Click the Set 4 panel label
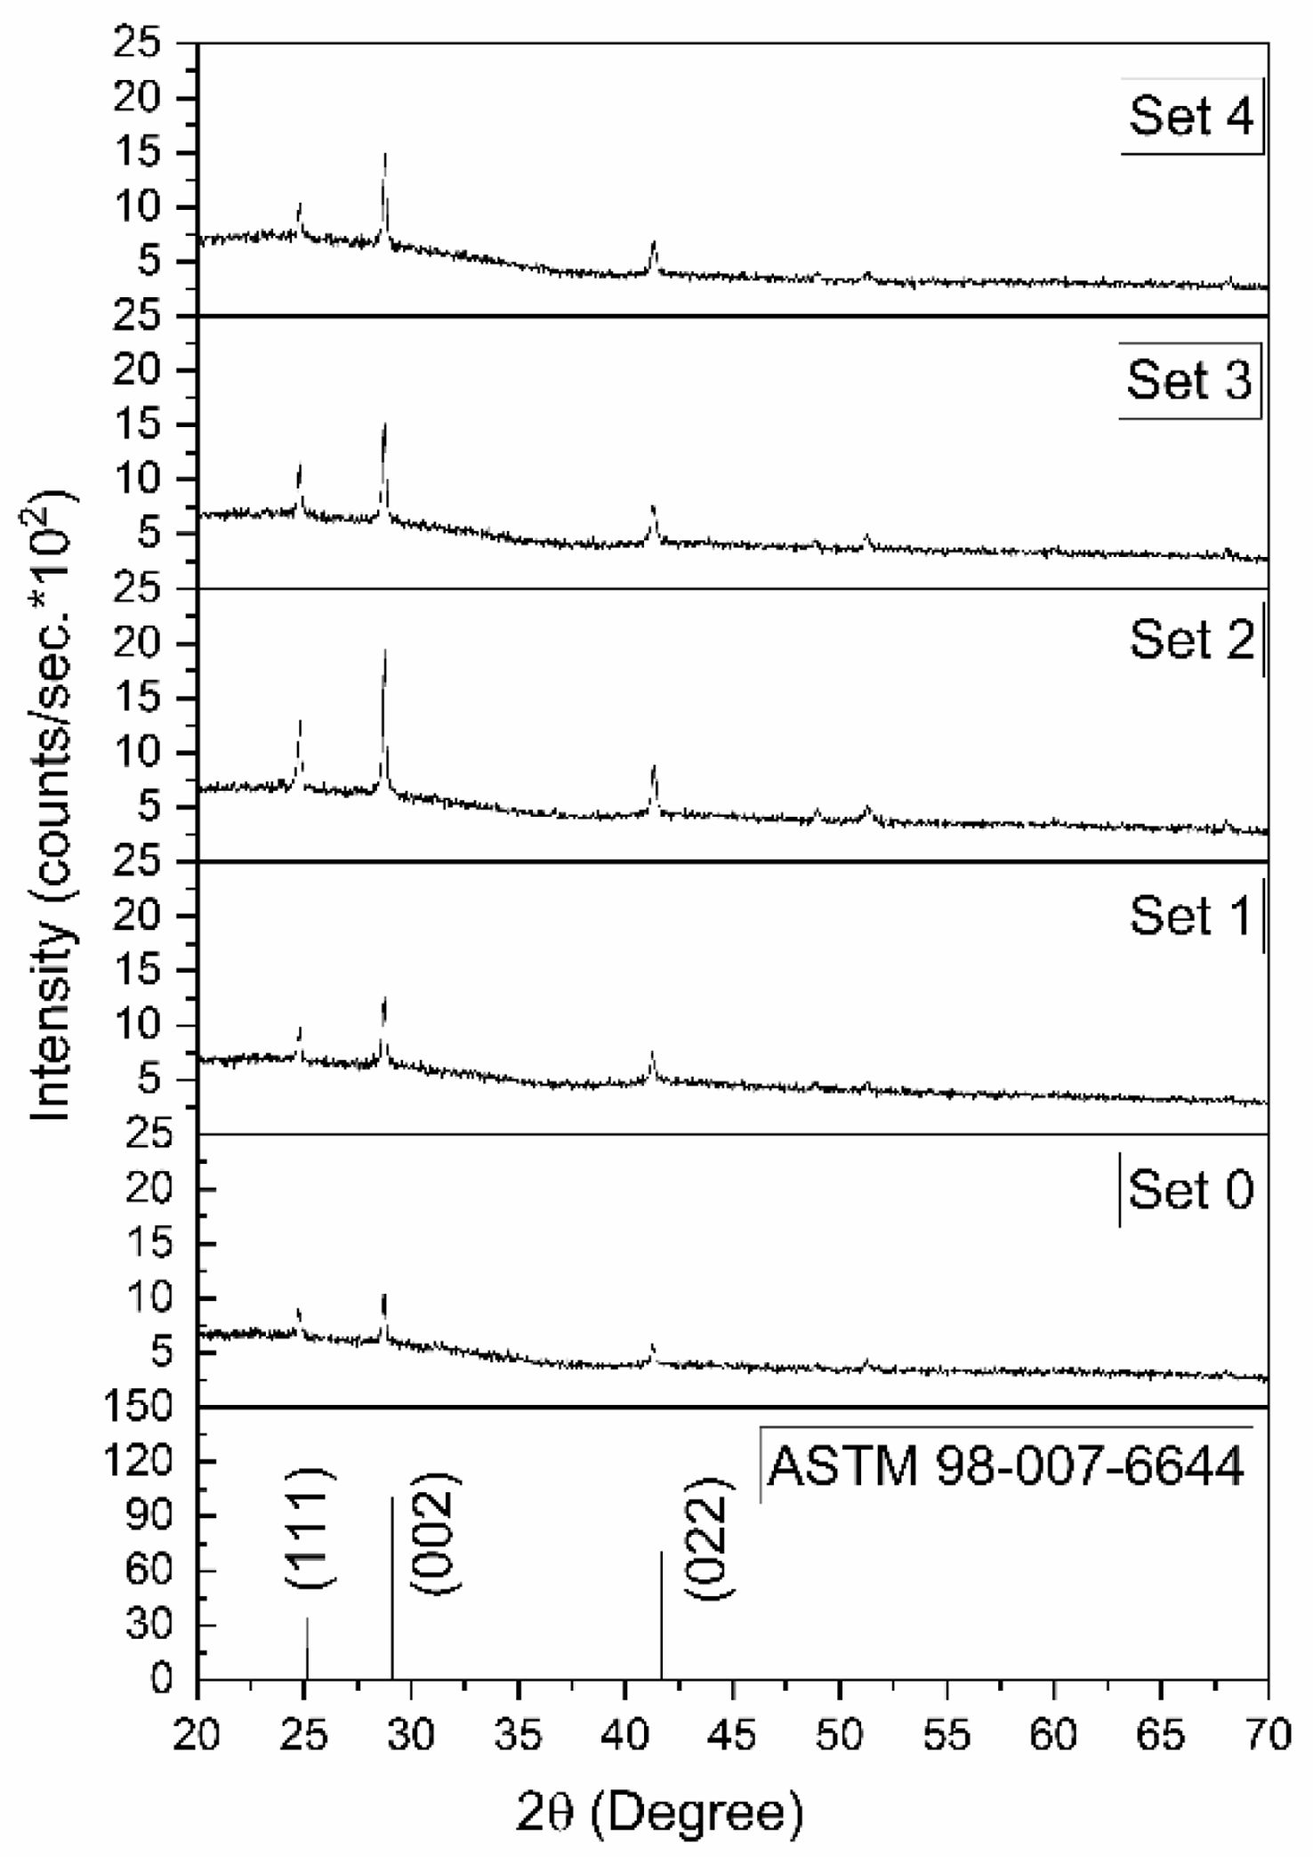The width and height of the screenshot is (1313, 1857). pyautogui.click(x=1191, y=117)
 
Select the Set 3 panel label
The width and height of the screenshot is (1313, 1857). pyautogui.click(x=1189, y=381)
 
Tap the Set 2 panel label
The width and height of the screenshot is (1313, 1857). pyautogui.click(x=1192, y=640)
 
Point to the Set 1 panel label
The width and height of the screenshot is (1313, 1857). pyautogui.click(x=1191, y=916)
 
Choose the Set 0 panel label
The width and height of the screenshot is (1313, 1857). pyautogui.click(x=1191, y=1190)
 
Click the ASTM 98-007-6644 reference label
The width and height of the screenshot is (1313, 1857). pyautogui.click(x=1006, y=1466)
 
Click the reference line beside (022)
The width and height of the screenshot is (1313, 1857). pyautogui.click(x=661, y=1615)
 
